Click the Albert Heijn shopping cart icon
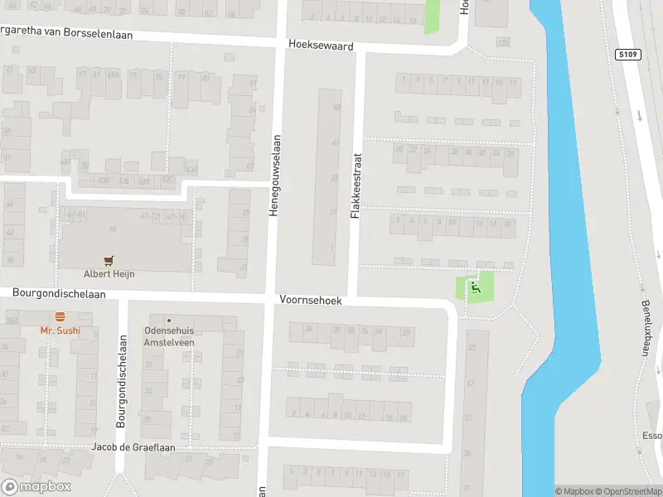[109, 260]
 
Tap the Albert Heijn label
[109, 274]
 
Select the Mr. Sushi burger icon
[60, 316]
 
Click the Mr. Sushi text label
[60, 331]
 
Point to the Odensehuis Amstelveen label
[169, 335]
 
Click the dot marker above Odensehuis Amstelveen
[169, 320]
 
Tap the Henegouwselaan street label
[273, 176]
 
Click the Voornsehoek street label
[311, 301]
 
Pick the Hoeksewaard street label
[321, 44]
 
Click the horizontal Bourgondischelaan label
[59, 293]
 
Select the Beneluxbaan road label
[646, 316]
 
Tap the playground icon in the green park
[475, 287]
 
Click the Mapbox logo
[36, 487]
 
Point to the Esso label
[652, 435]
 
